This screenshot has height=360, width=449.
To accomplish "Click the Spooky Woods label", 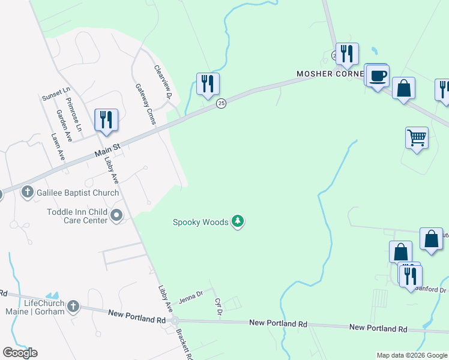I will [200, 222].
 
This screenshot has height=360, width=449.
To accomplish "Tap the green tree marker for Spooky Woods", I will [238, 222].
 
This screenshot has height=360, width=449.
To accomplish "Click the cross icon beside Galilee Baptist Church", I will [27, 193].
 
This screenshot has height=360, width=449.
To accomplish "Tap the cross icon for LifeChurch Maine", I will [73, 307].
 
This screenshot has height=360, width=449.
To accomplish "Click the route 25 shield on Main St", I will [221, 104].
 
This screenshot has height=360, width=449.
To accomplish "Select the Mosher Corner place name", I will [330, 74].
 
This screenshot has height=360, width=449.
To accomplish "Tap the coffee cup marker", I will [378, 76].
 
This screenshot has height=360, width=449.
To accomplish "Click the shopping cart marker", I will [417, 138].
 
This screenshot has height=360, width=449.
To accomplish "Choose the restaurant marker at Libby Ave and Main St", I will [106, 119].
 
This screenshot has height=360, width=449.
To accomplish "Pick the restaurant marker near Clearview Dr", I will [208, 84].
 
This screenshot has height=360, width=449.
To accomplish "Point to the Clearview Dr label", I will [163, 82].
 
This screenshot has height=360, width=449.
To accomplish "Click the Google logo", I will [20, 353].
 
